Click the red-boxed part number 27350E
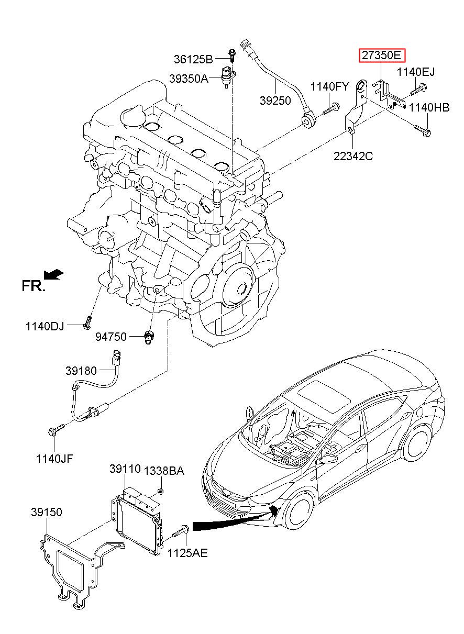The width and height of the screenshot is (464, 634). pyautogui.click(x=382, y=55)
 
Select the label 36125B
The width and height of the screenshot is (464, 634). pyautogui.click(x=193, y=60)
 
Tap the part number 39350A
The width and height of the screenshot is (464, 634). pyautogui.click(x=189, y=79)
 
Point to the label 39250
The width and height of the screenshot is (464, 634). pyautogui.click(x=275, y=101)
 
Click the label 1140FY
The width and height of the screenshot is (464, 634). pyautogui.click(x=330, y=86)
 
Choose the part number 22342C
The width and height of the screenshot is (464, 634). pyautogui.click(x=353, y=156)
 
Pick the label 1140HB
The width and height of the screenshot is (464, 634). pyautogui.click(x=429, y=107)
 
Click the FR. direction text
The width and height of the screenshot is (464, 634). pyautogui.click(x=34, y=286)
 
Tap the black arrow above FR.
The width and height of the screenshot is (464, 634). pyautogui.click(x=54, y=274)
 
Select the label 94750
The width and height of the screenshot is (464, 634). pyautogui.click(x=111, y=337)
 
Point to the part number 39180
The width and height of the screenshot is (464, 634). pyautogui.click(x=81, y=371)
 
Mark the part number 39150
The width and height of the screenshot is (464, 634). pyautogui.click(x=47, y=512)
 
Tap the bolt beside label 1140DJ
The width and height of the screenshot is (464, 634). pyautogui.click(x=87, y=323)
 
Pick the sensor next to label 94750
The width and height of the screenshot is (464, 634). pyautogui.click(x=148, y=337)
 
